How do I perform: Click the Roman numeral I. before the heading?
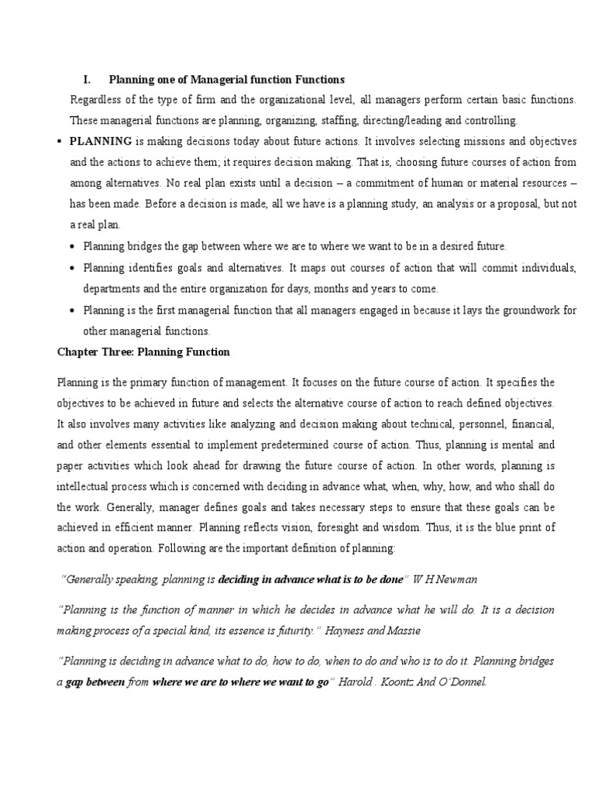tap(88, 80)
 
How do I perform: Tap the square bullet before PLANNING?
tap(60, 142)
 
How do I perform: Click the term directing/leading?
tap(403, 121)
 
